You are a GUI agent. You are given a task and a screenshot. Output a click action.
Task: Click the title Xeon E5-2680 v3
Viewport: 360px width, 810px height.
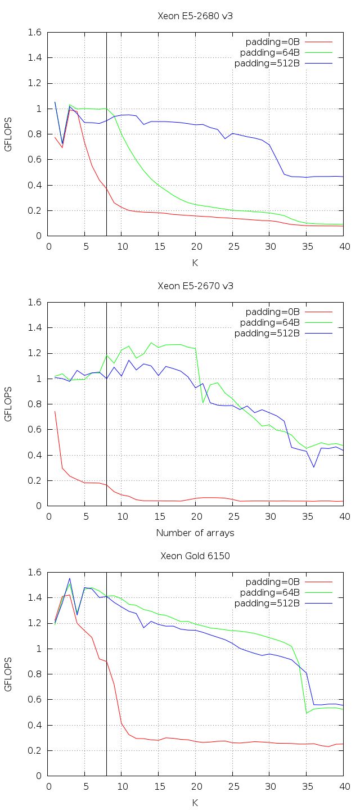click(195, 16)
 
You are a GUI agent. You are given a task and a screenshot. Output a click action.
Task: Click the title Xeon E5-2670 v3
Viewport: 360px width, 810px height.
click(195, 286)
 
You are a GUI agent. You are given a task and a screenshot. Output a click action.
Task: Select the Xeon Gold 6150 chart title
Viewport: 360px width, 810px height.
click(195, 556)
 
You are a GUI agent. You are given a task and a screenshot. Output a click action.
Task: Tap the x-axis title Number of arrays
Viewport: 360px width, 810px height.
click(195, 532)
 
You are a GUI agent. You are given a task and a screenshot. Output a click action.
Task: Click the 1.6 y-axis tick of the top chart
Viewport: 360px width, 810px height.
click(35, 33)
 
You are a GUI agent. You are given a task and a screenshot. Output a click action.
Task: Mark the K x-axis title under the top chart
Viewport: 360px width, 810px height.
click(195, 262)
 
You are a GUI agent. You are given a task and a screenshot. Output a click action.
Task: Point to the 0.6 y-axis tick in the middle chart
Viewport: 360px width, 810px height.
click(35, 430)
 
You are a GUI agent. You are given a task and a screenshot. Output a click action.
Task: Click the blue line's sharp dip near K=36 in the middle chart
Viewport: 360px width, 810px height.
click(314, 467)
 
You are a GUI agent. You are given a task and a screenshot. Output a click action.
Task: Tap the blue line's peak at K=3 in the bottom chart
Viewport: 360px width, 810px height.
click(70, 578)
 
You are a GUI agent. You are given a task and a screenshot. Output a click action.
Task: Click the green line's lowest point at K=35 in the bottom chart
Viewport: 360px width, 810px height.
click(307, 713)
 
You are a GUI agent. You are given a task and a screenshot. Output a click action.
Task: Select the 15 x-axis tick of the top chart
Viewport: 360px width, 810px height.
click(159, 246)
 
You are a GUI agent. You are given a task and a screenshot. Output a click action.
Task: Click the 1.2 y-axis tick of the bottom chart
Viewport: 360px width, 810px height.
click(35, 623)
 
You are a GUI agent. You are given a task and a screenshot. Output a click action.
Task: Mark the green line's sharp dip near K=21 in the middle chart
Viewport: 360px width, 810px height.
click(203, 402)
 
